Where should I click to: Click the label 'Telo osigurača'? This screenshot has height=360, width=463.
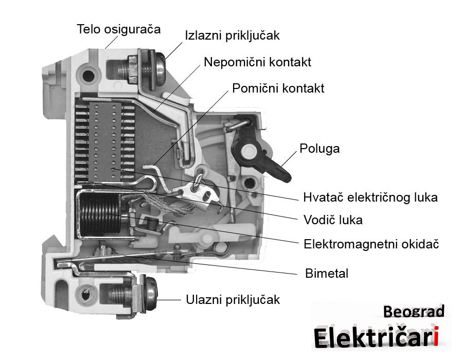(x=119, y=29)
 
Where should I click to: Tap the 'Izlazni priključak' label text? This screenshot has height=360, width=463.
(x=232, y=36)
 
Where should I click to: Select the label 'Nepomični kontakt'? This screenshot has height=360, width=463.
(x=257, y=62)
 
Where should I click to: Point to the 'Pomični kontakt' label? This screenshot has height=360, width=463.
(x=278, y=88)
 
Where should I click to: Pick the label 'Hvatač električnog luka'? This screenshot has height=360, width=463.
(x=370, y=197)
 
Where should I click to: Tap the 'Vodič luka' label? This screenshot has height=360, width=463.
(x=333, y=220)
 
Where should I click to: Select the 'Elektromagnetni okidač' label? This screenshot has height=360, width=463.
(x=371, y=244)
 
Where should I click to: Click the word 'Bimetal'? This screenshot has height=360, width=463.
(x=327, y=273)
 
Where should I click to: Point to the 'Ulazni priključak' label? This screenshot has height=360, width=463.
(x=233, y=300)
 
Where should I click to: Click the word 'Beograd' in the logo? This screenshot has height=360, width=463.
(x=414, y=311)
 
